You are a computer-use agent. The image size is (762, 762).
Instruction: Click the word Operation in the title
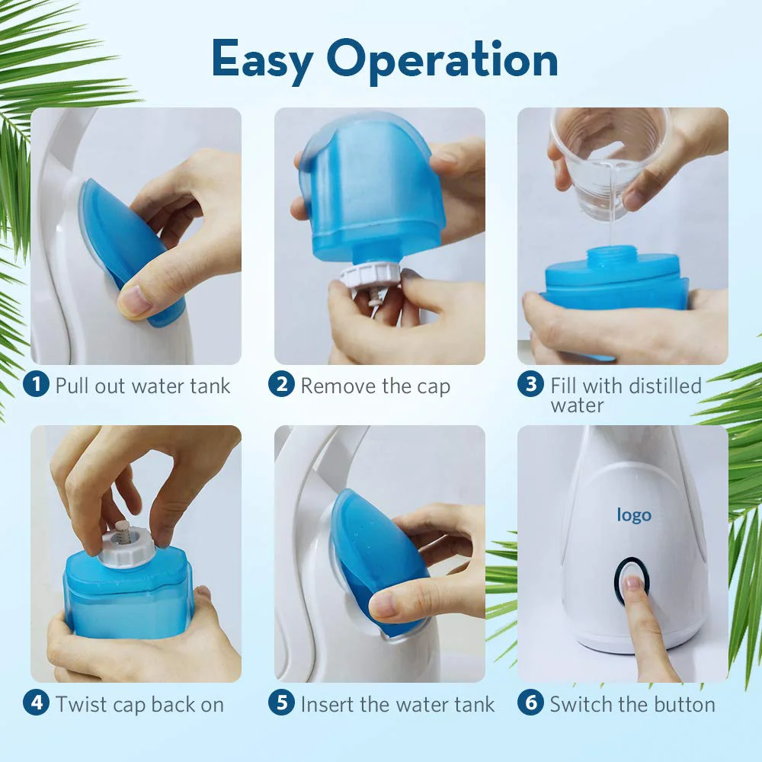click(x=442, y=60)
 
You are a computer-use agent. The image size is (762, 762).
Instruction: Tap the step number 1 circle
click(x=36, y=384)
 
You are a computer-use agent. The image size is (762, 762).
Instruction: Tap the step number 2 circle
click(x=281, y=384)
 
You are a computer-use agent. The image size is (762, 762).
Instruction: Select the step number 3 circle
click(x=530, y=384)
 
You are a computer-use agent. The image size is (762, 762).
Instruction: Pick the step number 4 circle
click(x=36, y=703)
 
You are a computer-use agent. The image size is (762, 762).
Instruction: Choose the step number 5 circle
click(x=281, y=703)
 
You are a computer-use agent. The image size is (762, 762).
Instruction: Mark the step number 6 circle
click(x=530, y=703)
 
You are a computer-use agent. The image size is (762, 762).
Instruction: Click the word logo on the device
click(x=634, y=515)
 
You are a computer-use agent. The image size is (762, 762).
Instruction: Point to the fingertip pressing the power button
click(x=633, y=582)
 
